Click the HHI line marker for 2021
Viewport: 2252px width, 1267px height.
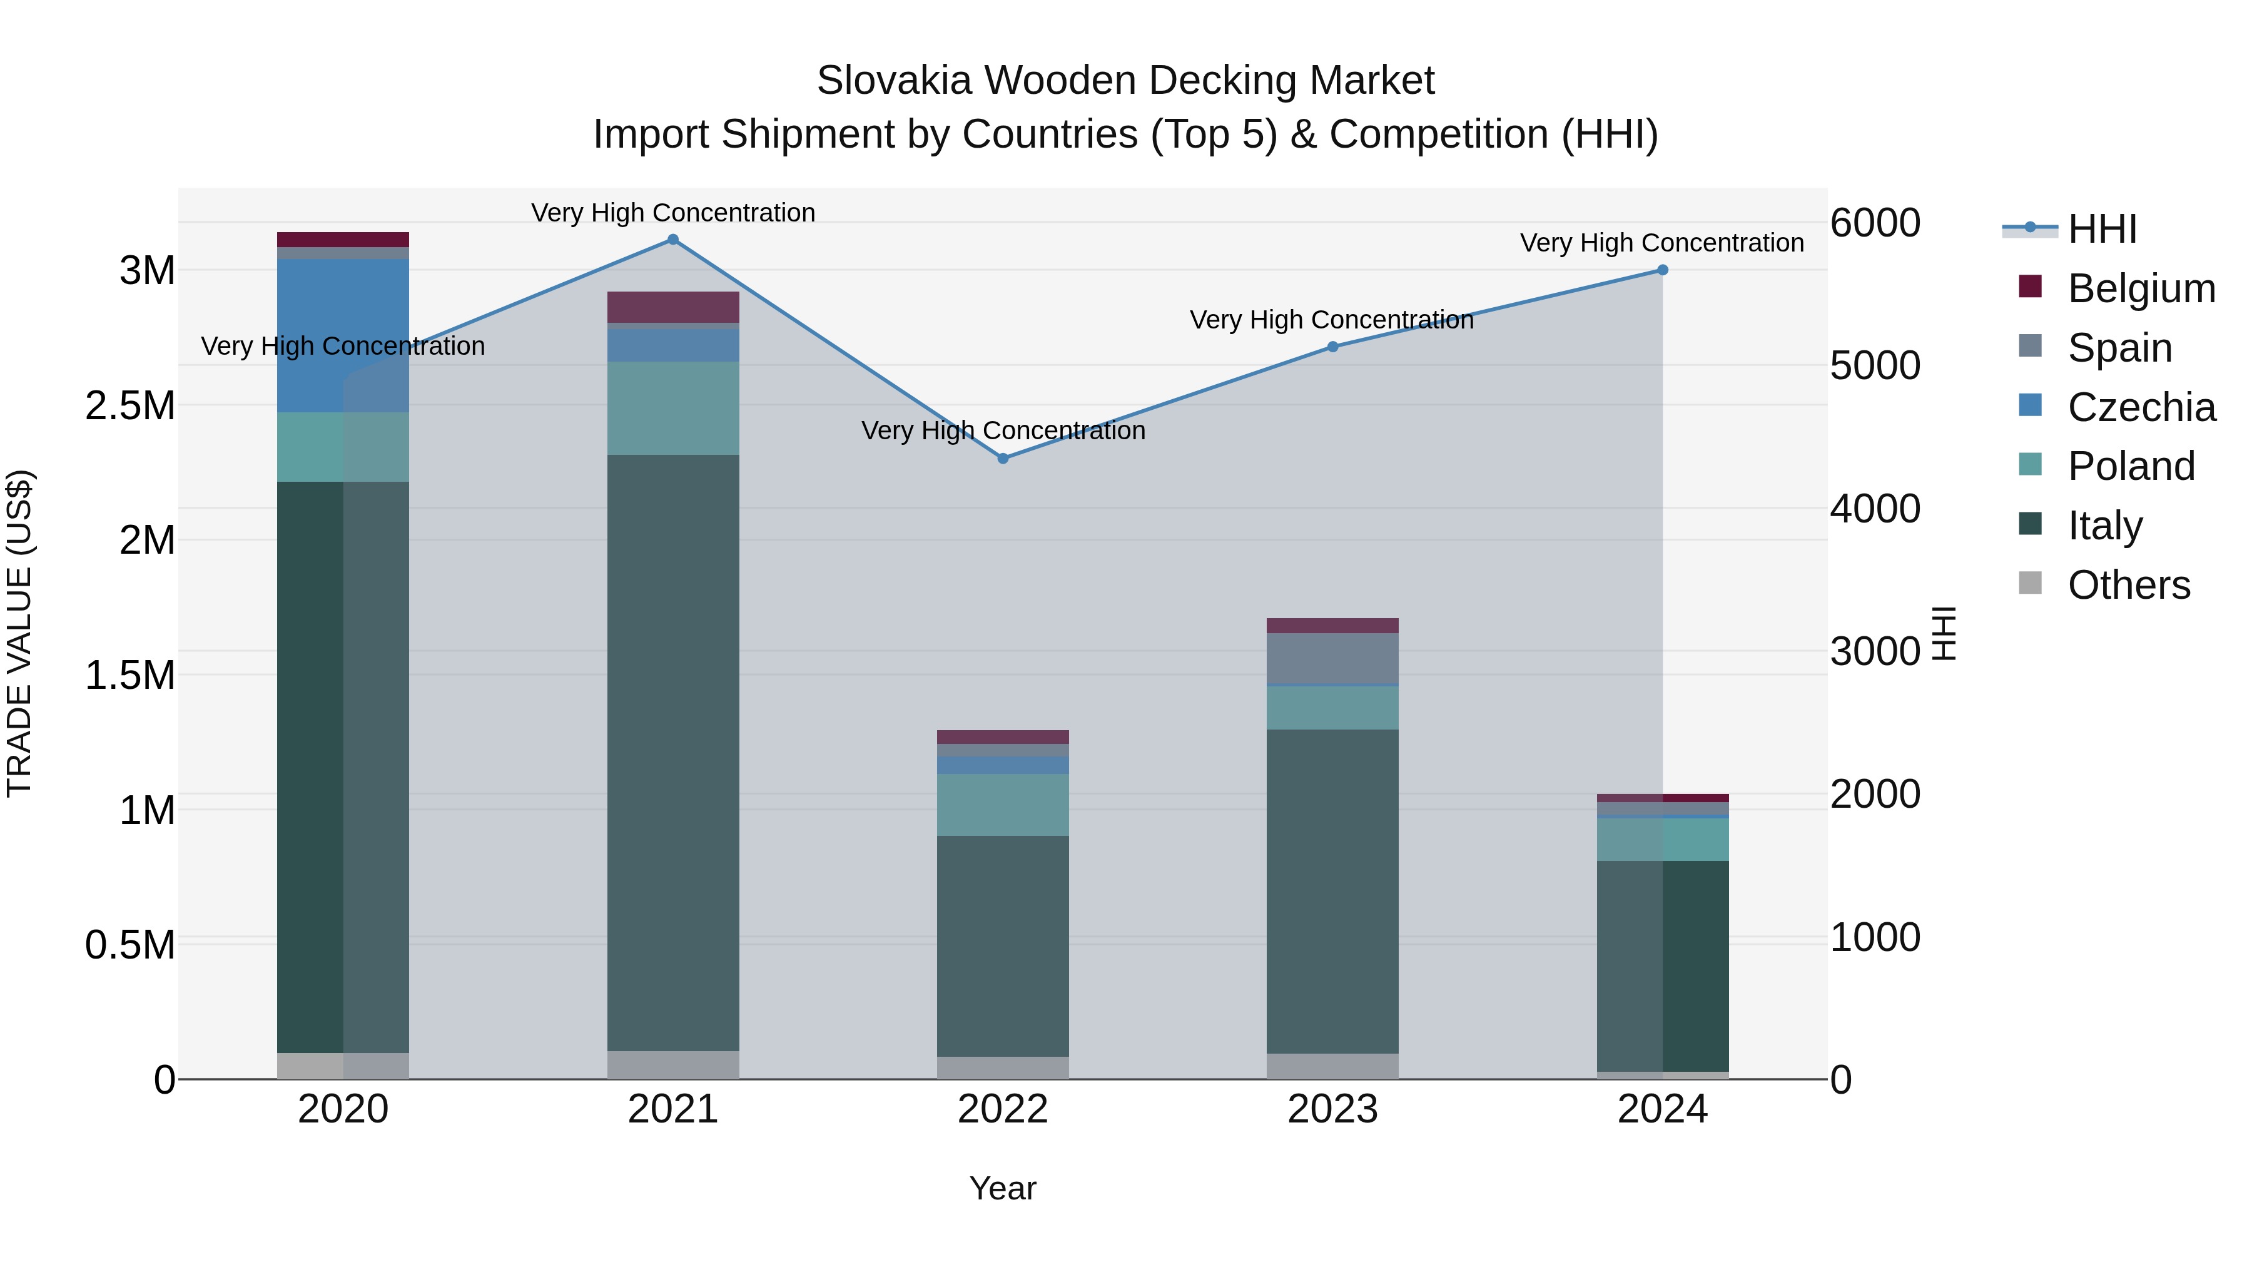(672, 240)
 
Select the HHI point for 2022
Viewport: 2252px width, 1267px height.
(1003, 458)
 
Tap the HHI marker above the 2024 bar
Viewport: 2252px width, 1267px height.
(1662, 270)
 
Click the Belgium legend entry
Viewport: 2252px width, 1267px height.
(2140, 288)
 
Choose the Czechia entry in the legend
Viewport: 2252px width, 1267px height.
(2140, 407)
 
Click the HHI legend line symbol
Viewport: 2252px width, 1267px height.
(2030, 228)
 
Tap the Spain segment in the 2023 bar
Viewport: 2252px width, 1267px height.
(1332, 658)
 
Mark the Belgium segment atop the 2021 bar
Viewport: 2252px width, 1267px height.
(672, 307)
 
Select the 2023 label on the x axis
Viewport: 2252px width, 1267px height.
(1332, 1109)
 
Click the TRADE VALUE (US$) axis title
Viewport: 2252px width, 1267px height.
(20, 633)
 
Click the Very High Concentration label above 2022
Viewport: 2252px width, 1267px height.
(1003, 431)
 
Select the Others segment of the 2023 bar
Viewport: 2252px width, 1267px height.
(1332, 1066)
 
